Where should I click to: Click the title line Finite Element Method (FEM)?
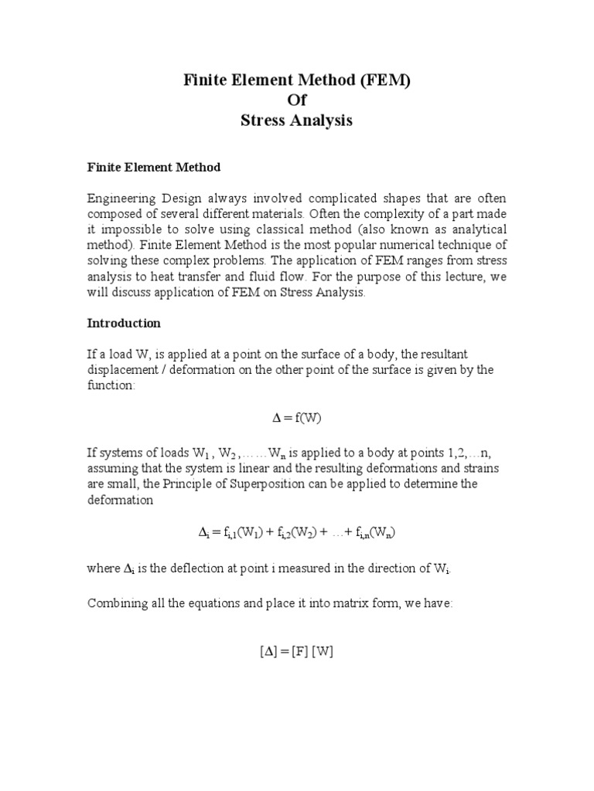(x=296, y=81)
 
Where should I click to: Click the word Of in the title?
(x=296, y=100)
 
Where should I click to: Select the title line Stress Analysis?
(x=296, y=121)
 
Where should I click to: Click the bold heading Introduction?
(x=124, y=323)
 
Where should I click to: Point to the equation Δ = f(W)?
(x=296, y=418)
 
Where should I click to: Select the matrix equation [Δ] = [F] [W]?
(x=296, y=651)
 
